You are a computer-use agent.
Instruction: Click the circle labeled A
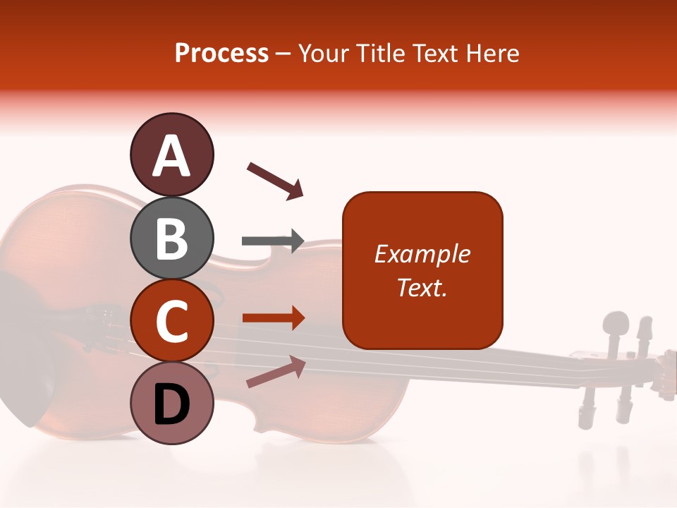171,155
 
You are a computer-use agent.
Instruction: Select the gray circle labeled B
171,238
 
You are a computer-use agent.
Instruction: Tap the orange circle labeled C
171,320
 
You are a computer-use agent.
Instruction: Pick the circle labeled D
171,404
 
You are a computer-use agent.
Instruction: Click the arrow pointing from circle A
274,180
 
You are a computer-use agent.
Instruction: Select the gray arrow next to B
272,241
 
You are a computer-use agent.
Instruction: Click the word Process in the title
221,53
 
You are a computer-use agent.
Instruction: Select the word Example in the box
422,254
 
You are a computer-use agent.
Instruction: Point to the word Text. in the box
422,287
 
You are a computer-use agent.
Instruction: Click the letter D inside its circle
171,404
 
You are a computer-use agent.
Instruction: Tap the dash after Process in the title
283,54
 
